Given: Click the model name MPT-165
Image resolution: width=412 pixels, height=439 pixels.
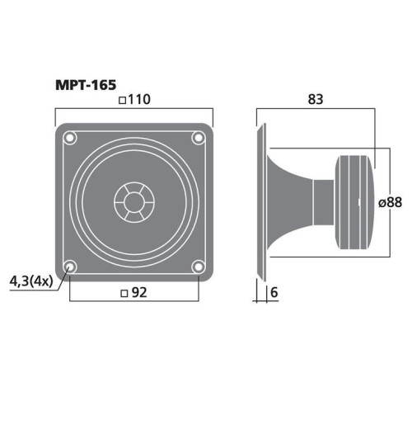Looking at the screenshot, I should point(86,84).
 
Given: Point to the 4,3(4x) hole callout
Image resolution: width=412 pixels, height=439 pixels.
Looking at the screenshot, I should point(30,281).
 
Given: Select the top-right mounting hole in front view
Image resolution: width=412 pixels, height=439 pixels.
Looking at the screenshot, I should point(198,137).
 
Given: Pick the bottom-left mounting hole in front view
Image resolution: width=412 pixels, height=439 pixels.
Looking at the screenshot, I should point(70,266).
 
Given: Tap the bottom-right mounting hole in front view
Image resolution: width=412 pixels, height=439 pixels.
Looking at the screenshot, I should point(198,266).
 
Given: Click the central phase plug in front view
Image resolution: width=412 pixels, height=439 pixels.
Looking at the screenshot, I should point(133,201).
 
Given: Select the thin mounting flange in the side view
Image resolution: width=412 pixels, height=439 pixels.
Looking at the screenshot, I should point(263,201).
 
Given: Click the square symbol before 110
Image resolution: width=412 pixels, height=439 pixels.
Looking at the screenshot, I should point(122,101).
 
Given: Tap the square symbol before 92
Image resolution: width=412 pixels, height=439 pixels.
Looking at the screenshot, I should point(123,292).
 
